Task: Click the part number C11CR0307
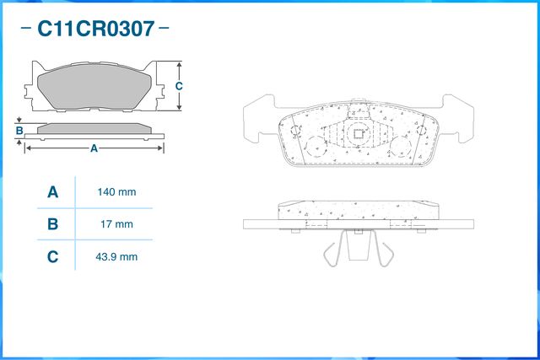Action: pos(94,29)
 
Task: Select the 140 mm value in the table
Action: pos(116,192)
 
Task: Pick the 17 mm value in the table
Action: pos(116,224)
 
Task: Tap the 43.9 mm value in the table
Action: pos(116,256)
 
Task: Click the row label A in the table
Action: pos(52,192)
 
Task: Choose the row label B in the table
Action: pos(52,224)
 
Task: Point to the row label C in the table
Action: pos(52,256)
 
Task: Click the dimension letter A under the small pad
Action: pos(94,148)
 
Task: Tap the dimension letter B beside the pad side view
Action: pos(19,131)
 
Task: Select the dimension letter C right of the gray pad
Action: pos(179,86)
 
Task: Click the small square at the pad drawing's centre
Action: pos(358,132)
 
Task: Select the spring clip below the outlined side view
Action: pos(358,249)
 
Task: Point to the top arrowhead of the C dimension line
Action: pos(179,65)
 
